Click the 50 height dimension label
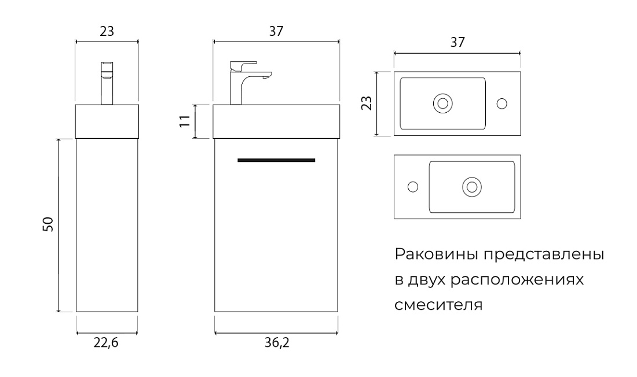coord(48,224)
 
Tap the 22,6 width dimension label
coord(106,343)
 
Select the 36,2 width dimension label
coord(277,343)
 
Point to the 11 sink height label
coord(185,121)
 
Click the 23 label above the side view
coord(107,31)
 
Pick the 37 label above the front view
coord(276,31)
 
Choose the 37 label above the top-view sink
coord(457,42)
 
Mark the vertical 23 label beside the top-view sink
coord(367,103)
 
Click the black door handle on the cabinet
coord(276,160)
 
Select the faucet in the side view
coord(107,83)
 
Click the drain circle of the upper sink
coord(443,104)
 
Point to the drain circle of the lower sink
coord(472,187)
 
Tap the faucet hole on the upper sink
coord(502,104)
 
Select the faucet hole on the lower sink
coord(413,187)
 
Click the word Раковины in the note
coord(436,254)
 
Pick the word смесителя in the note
coord(439,305)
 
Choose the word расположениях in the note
coord(517,280)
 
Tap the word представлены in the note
coord(544,255)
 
